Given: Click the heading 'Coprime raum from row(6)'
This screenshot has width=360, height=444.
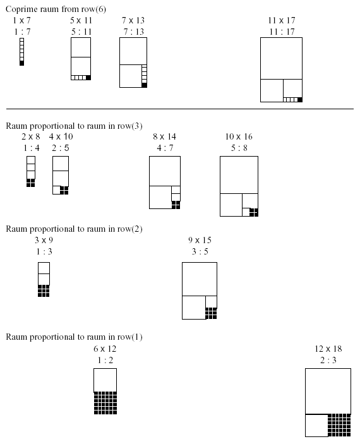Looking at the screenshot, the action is [x=56, y=9].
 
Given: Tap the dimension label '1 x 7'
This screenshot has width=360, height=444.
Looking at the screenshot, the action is [x=21, y=20].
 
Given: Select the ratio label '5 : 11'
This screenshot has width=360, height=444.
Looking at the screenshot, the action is [x=81, y=32].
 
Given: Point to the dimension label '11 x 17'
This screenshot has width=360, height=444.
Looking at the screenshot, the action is [x=282, y=20].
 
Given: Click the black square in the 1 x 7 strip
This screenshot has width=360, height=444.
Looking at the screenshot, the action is [x=22, y=63].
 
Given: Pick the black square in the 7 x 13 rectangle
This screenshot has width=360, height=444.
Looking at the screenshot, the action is [x=144, y=85].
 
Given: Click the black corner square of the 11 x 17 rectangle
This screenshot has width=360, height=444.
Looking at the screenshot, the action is [x=300, y=100].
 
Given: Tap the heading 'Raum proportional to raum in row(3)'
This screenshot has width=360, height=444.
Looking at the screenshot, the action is [x=74, y=126].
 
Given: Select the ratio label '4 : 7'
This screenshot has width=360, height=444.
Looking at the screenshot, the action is [x=165, y=148].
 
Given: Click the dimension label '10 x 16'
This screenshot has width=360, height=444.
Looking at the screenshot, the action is [x=239, y=137].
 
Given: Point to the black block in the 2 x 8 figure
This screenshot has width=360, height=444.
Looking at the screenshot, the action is [x=30, y=183].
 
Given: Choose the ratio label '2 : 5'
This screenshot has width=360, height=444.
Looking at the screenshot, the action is [x=61, y=148].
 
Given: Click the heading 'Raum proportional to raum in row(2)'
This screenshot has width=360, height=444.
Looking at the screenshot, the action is [x=74, y=229].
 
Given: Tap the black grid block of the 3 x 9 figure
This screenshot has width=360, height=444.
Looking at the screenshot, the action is [x=44, y=291].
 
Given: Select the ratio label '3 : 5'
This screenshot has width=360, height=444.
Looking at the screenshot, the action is [x=200, y=251].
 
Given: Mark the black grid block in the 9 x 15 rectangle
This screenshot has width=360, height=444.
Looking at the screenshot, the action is [x=212, y=313].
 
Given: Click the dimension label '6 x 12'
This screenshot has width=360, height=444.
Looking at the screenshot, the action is [x=105, y=349].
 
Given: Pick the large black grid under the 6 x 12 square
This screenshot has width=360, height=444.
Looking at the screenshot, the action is [x=105, y=403].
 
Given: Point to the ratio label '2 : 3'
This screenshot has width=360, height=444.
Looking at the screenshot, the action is [x=328, y=360].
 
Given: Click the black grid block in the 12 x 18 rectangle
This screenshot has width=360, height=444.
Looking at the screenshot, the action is [x=339, y=425].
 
